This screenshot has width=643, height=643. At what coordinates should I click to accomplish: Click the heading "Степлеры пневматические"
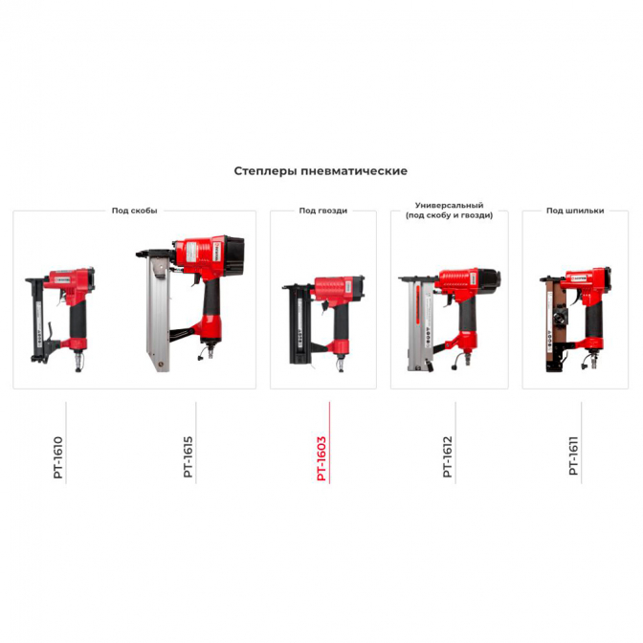click(321, 171)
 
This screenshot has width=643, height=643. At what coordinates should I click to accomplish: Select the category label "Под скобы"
click(135, 211)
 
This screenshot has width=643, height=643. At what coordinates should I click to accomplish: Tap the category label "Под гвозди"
click(323, 211)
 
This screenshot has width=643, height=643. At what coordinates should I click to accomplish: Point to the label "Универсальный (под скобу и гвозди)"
click(450, 210)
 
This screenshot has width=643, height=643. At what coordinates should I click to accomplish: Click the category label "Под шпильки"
click(575, 211)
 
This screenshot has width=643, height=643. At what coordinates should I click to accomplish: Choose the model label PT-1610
click(58, 457)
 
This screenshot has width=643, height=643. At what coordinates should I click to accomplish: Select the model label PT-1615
click(188, 456)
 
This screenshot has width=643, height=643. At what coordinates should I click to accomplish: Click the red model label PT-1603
click(321, 458)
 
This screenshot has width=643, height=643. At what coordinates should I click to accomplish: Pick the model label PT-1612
click(448, 456)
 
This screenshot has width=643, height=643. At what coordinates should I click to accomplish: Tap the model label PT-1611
click(573, 455)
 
